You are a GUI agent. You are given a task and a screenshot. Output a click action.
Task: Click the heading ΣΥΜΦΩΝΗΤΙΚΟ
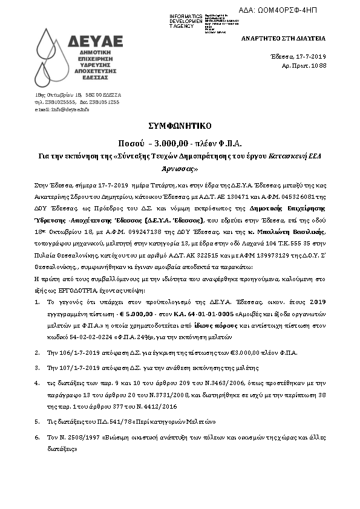pyautogui.click(x=179, y=127)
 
